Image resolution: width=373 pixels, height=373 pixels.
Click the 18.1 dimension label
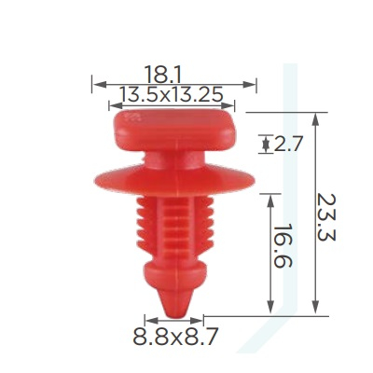[x=162, y=75]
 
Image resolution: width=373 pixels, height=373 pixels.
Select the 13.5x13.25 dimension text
[x=172, y=94]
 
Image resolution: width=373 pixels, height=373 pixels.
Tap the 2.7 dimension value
[x=288, y=145]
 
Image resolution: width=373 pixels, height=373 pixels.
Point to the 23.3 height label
[x=326, y=217]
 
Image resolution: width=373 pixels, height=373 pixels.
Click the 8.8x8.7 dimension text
[x=175, y=336]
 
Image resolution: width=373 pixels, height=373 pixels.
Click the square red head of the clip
[x=175, y=130]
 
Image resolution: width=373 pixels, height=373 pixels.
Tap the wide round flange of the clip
[x=174, y=181]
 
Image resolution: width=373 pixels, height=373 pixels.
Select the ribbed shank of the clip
[x=175, y=227]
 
